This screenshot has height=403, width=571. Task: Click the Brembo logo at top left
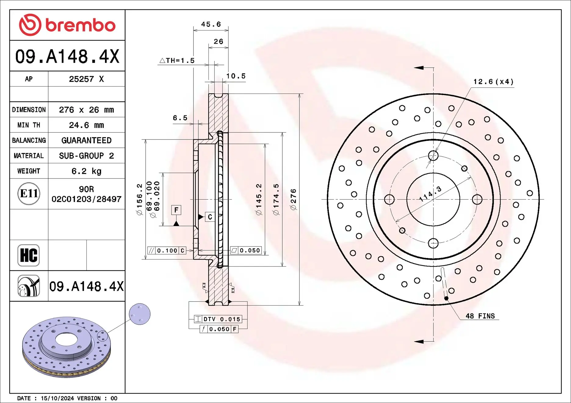tap(67, 25)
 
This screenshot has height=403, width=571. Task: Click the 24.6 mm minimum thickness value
tap(86, 125)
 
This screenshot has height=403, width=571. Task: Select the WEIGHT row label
tap(29, 171)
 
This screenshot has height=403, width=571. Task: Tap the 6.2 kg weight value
tap(86, 171)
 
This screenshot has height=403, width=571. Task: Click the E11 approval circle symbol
tap(29, 194)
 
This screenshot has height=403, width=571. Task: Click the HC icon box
tap(29, 255)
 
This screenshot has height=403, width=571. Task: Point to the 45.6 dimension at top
tap(211, 24)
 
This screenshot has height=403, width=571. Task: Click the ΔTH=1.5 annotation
tap(177, 61)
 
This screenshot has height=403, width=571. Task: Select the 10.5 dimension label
tap(236, 76)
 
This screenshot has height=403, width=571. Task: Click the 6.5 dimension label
tap(180, 118)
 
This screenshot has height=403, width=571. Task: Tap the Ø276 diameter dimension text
tap(293, 199)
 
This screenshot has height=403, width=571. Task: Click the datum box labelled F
tap(176, 210)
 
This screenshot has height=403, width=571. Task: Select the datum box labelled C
tap(210, 217)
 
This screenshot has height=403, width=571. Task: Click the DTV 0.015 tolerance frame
tap(218, 319)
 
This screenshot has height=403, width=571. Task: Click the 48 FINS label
tap(480, 316)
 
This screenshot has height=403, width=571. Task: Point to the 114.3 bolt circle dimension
tap(430, 194)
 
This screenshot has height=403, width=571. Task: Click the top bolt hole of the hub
tap(433, 156)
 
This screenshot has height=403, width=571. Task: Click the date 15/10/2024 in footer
tap(57, 398)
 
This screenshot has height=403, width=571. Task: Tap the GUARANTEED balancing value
tap(86, 140)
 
